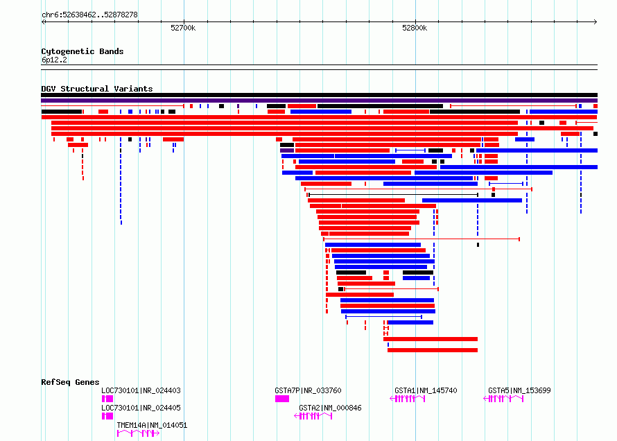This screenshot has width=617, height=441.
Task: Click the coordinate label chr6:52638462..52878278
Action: click(89, 15)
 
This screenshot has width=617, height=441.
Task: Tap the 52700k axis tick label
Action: click(183, 28)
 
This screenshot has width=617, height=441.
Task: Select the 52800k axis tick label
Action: click(415, 28)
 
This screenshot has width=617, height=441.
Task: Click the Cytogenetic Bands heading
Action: click(82, 51)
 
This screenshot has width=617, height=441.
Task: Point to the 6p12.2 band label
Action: click(54, 60)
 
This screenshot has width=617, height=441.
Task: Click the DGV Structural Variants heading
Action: click(97, 89)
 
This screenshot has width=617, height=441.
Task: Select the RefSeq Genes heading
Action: click(70, 382)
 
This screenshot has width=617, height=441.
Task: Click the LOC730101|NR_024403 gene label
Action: click(141, 390)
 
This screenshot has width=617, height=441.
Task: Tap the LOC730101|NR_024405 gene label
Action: click(141, 408)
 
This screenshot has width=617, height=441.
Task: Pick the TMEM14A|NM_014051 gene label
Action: click(152, 425)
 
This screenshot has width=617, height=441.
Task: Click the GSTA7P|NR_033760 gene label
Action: click(308, 390)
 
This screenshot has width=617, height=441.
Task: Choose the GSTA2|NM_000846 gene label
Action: click(330, 408)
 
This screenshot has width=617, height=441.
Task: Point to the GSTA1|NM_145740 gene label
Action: click(426, 390)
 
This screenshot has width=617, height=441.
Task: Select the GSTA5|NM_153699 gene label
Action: click(519, 390)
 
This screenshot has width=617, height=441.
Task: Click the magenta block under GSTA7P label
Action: click(282, 399)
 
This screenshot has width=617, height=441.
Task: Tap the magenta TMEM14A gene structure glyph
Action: click(138, 433)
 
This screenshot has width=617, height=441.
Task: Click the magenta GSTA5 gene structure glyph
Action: click(503, 399)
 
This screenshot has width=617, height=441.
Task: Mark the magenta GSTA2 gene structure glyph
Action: click(313, 416)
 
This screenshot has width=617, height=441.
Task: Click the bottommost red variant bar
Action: click(433, 350)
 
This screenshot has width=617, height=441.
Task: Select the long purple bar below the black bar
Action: click(319, 101)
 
